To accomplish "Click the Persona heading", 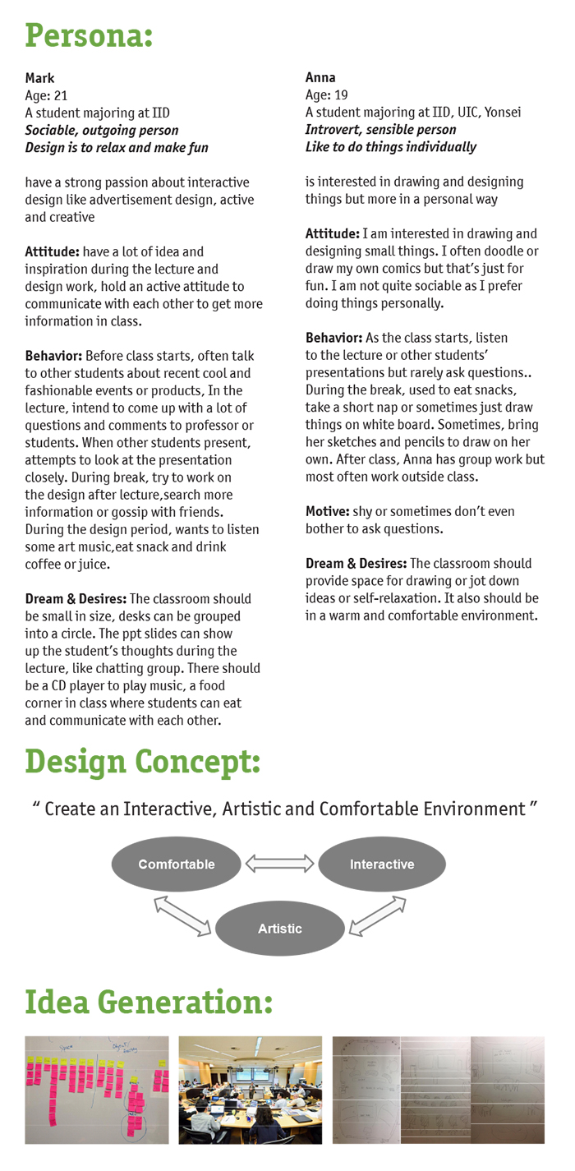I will pyautogui.click(x=89, y=36).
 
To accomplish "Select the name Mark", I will pyautogui.click(x=39, y=79).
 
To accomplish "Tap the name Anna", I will pyautogui.click(x=320, y=78).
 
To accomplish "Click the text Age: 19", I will pyautogui.click(x=328, y=95).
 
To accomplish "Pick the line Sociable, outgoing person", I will pyautogui.click(x=102, y=131).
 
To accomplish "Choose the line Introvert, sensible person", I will pyautogui.click(x=380, y=130).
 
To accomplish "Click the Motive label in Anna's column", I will pyautogui.click(x=328, y=511).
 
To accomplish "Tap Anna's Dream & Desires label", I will pyautogui.click(x=356, y=564).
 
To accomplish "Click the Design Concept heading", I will pyautogui.click(x=143, y=762).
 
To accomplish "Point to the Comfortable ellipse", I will pyautogui.click(x=177, y=864).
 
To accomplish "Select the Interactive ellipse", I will pyautogui.click(x=382, y=864).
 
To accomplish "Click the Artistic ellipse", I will pyautogui.click(x=280, y=929).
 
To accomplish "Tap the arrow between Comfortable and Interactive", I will pyautogui.click(x=280, y=864).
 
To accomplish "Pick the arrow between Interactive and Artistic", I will pyautogui.click(x=378, y=915).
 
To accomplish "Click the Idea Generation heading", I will pyautogui.click(x=148, y=1003).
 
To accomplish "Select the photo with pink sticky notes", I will pyautogui.click(x=97, y=1090).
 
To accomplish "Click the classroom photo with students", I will pyautogui.click(x=251, y=1090).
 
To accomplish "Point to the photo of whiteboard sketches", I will pyautogui.click(x=438, y=1090).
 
